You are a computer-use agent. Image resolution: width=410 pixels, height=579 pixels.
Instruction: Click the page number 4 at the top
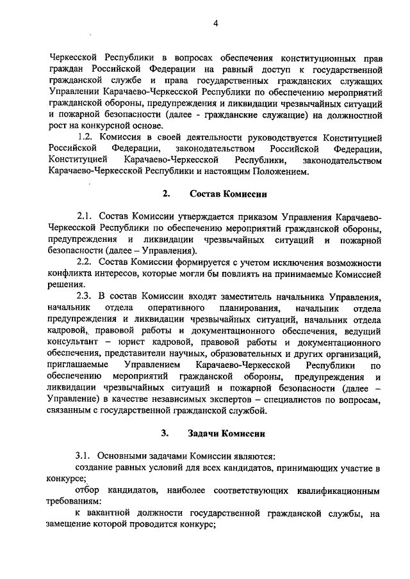pyautogui.click(x=216, y=24)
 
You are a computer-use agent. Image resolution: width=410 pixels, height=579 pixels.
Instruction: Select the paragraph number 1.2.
pyautogui.click(x=84, y=138)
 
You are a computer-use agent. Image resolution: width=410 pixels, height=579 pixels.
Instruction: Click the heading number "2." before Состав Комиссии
pyautogui.click(x=167, y=194)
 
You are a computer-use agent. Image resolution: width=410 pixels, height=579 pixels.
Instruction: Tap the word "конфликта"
pyautogui.click(x=70, y=274)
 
